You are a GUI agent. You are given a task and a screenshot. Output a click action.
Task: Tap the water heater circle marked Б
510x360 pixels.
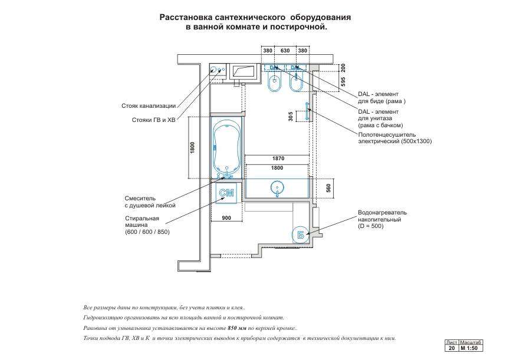(x=300, y=234)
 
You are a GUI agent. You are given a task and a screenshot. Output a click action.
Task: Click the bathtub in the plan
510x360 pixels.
(x=226, y=148)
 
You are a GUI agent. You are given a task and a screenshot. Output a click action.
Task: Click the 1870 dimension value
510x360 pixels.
(x=278, y=158)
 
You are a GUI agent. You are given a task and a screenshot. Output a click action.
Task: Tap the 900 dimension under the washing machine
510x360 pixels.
(x=226, y=218)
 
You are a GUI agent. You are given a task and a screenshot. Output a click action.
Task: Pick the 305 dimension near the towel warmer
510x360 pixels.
(x=291, y=117)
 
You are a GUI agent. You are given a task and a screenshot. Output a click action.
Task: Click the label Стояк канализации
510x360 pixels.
(x=149, y=106)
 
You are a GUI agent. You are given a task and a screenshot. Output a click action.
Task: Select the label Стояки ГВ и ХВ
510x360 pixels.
(x=154, y=120)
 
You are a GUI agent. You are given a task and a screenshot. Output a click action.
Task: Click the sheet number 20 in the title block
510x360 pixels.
(x=451, y=348)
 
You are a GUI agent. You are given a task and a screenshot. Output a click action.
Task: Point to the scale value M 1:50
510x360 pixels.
(x=471, y=348)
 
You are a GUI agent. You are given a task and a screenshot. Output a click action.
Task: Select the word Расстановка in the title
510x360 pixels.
(x=186, y=18)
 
